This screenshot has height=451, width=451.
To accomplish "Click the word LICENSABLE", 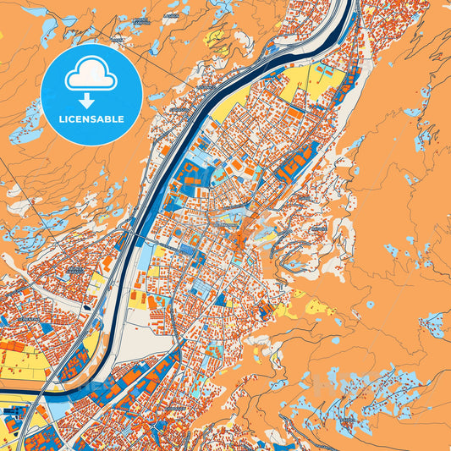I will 91,119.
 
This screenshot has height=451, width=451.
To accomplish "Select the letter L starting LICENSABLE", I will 61,119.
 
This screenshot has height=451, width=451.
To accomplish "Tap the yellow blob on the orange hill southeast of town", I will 320,306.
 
